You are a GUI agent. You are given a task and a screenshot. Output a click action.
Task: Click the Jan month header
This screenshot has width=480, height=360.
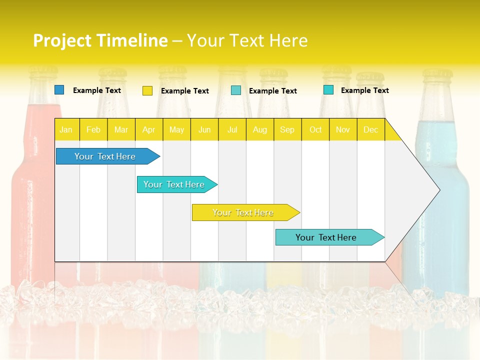66,130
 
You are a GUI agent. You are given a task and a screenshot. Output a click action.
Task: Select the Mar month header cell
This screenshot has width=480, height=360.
121,130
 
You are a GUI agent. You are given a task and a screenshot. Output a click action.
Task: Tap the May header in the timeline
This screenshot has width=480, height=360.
176,130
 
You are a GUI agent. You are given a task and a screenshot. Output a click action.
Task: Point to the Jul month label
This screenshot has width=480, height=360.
232,130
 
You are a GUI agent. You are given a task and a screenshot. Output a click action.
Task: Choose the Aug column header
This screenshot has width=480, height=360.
259,130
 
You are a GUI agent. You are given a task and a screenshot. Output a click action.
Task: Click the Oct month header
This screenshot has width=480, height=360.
315,130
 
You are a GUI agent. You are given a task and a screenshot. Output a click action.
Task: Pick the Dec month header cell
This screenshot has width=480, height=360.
370,130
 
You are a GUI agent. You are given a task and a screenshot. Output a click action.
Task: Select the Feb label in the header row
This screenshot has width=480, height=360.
93,130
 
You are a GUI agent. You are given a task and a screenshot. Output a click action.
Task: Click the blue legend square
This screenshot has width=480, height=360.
59,90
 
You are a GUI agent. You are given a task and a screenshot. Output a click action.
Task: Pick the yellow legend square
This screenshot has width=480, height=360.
147,90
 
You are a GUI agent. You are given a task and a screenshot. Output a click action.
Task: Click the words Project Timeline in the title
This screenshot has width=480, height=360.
100,40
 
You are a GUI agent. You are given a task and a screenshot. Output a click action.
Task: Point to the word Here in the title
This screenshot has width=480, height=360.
288,40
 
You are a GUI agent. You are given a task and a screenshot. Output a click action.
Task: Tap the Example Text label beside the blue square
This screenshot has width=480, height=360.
97,90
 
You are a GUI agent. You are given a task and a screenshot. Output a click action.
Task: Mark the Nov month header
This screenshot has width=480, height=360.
343,130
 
